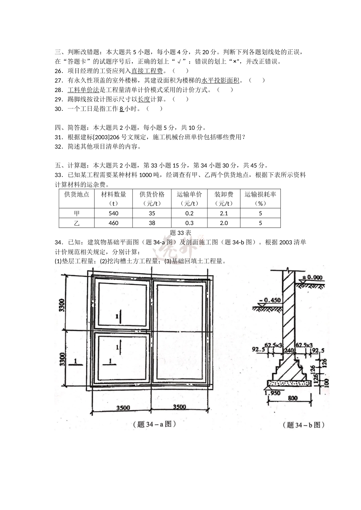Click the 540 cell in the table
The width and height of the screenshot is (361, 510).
coord(114,214)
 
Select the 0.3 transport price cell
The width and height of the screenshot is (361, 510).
coord(189,223)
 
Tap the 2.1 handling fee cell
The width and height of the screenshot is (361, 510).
coord(224,214)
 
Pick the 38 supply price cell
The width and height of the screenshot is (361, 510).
coord(152,223)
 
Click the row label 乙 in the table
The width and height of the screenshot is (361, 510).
coord(77,223)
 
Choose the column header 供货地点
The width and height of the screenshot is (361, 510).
coord(77,194)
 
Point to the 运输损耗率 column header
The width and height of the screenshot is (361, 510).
coord(260,194)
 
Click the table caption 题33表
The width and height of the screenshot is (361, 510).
coord(180,233)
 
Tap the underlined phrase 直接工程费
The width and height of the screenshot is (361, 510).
coord(147,71)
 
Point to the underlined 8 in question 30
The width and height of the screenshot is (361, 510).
coord(121,109)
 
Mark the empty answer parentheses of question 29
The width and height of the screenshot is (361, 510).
coord(180,99)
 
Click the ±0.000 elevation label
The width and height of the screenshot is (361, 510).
coord(312,277)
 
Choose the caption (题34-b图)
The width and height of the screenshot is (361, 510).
coord(304,425)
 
